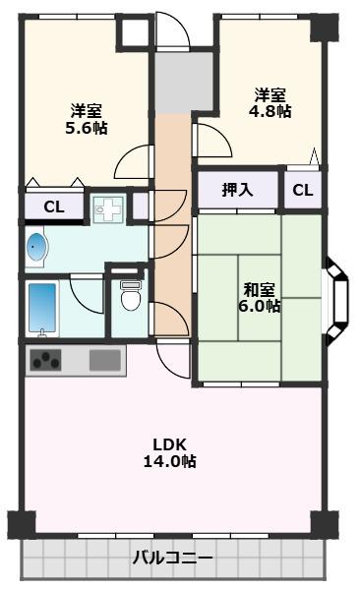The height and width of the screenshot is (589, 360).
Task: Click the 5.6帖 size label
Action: click(88, 128)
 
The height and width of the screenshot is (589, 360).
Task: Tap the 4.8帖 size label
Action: click(270, 112)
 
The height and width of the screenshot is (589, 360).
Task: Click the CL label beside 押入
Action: click(303, 190)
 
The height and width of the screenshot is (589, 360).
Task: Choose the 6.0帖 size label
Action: click(261, 306)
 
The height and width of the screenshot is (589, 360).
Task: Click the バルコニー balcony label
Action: click(173, 559)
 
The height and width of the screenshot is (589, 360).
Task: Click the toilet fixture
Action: click(129, 294)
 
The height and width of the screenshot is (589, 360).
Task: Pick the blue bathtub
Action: click(43, 307)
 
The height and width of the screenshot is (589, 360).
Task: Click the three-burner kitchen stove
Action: click(46, 361)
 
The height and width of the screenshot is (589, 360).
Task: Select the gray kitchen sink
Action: click(104, 360)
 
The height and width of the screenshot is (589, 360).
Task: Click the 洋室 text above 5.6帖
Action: click(87, 110)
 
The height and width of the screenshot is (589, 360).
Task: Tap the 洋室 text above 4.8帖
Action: click(270, 94)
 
